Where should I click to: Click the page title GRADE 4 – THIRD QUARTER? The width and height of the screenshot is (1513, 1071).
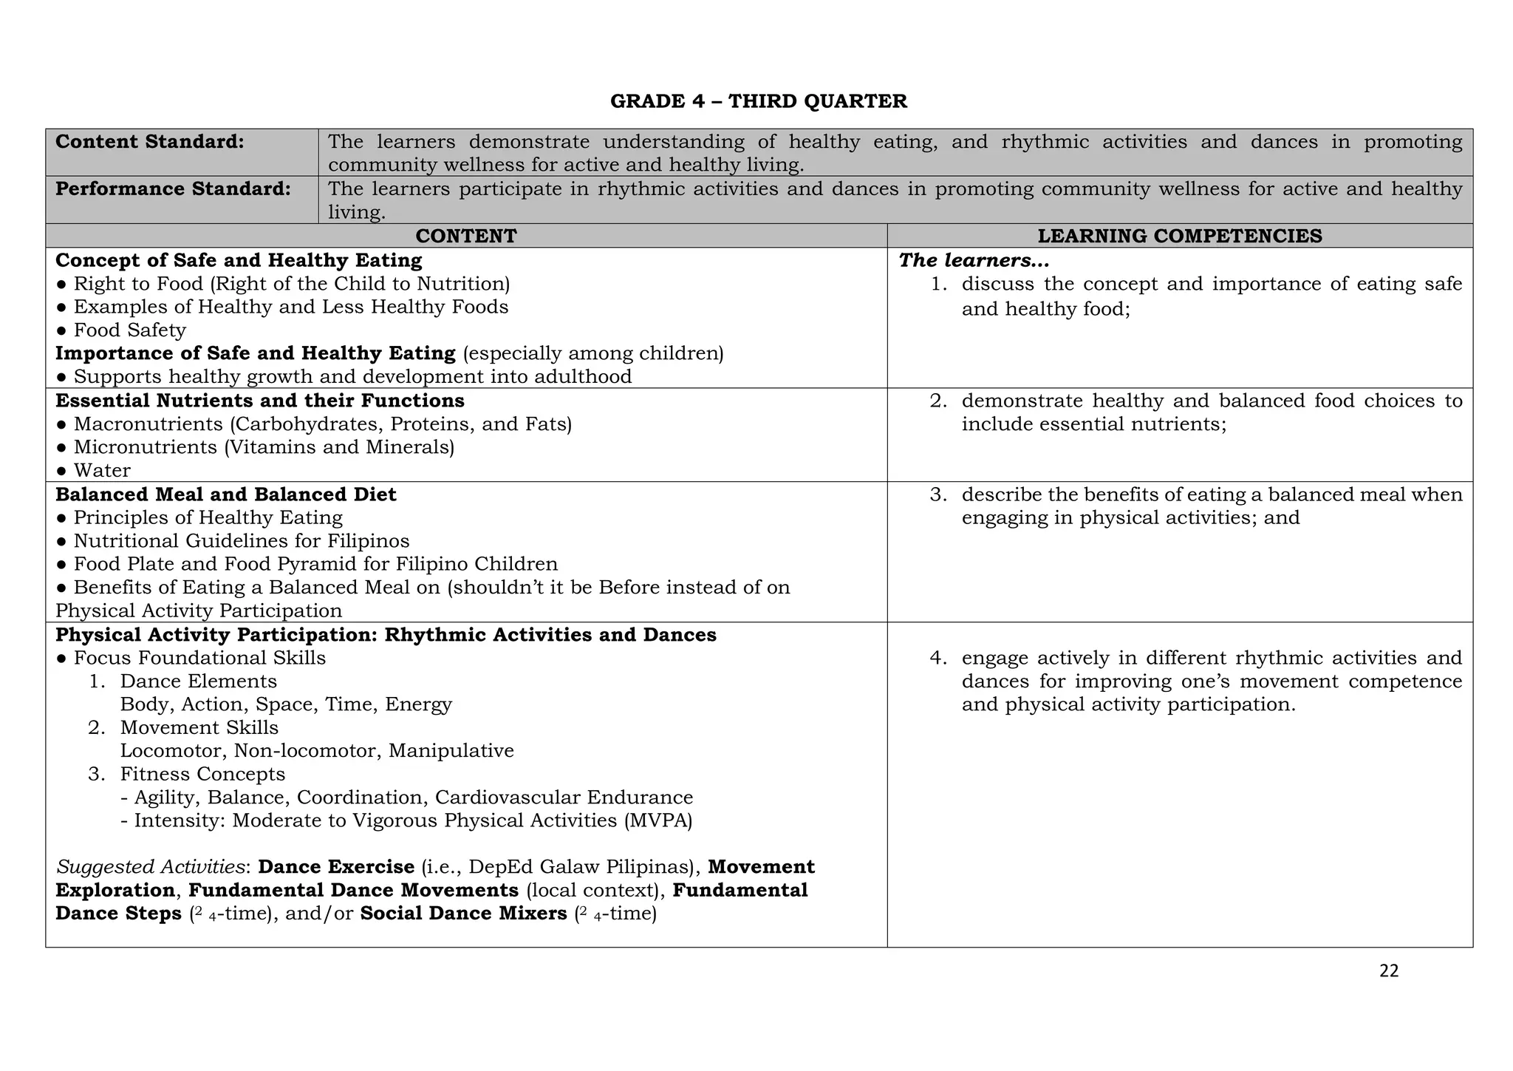click(758, 101)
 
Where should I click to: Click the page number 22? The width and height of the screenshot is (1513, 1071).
click(1389, 971)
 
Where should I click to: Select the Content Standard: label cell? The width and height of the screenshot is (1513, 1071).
click(150, 142)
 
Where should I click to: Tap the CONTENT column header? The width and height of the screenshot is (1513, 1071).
click(465, 236)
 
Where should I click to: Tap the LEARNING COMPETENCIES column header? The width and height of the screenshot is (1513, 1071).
click(1179, 236)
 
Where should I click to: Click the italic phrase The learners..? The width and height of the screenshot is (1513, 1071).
click(973, 260)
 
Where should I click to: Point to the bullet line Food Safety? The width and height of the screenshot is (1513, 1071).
click(129, 330)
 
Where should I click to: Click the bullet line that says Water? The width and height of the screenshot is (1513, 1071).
click(102, 471)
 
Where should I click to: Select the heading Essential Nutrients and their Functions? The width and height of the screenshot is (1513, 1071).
click(260, 401)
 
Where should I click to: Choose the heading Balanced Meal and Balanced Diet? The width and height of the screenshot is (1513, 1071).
click(226, 494)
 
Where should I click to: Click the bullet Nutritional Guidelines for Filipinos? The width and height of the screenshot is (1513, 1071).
click(242, 541)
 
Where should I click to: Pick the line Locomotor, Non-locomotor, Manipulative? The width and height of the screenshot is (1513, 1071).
click(317, 751)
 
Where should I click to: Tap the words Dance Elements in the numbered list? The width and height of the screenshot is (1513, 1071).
click(199, 681)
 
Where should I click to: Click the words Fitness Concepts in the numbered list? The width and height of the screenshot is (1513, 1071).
click(202, 774)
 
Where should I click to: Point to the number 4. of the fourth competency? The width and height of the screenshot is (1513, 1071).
click(937, 658)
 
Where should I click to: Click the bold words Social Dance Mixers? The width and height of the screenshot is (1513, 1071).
click(463, 914)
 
